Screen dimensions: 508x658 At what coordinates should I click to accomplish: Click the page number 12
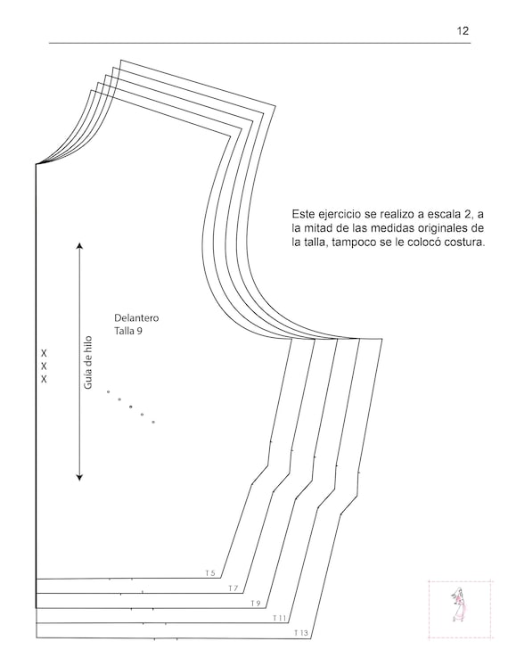(463, 30)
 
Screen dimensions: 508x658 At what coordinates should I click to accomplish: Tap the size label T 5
(210, 572)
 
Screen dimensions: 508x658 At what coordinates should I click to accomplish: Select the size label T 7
(234, 588)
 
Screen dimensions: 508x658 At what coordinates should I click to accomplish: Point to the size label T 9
(256, 604)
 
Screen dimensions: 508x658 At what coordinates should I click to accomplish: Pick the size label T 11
(279, 618)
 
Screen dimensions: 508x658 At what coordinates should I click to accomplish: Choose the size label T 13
(301, 633)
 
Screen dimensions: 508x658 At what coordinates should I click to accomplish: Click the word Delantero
(136, 317)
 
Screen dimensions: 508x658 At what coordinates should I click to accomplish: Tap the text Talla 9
(128, 331)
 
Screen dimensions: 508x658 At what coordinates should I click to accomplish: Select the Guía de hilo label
(88, 362)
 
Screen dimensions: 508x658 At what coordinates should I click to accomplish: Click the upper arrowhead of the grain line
(79, 245)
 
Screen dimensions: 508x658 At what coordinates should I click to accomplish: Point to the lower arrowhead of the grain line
(79, 477)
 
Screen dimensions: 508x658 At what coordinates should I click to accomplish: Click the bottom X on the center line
(44, 379)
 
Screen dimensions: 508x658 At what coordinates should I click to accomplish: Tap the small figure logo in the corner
(460, 605)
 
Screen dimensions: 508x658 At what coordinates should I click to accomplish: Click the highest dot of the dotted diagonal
(108, 391)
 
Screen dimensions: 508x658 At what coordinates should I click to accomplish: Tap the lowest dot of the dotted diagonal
(153, 422)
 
